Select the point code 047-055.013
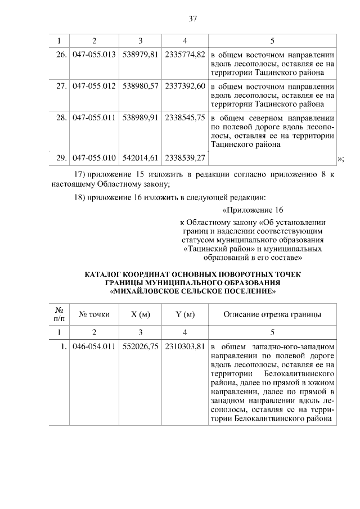point(94,56)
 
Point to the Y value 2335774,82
point(185,56)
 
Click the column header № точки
point(94,314)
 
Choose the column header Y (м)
point(185,314)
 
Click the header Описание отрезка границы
point(273,314)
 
